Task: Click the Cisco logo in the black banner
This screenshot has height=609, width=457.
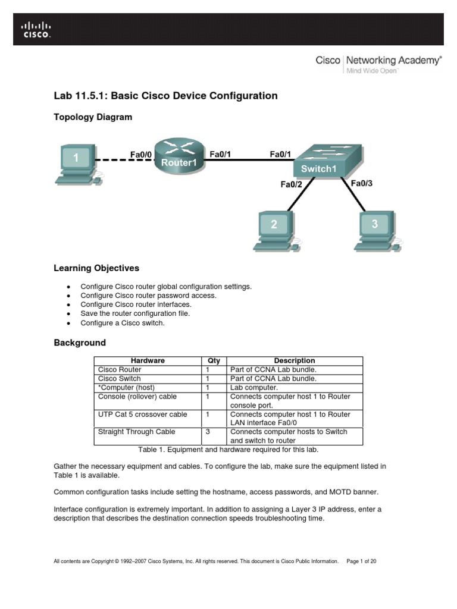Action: pos(36,29)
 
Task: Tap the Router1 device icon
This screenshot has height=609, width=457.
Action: pos(179,156)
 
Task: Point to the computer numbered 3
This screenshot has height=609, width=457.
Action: pos(374,229)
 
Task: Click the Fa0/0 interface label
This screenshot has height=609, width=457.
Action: pos(141,155)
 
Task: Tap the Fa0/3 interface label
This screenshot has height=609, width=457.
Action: pos(361,183)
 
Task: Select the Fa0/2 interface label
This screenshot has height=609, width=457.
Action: pos(292,184)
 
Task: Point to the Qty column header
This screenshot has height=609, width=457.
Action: pos(214,360)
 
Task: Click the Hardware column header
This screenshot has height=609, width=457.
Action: pos(148,360)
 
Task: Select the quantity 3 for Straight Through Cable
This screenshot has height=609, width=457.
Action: pos(208,432)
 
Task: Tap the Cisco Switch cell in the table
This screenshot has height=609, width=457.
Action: pos(120,378)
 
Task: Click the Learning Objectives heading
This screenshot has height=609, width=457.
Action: pos(96,268)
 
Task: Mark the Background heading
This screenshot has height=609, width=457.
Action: pos(80,343)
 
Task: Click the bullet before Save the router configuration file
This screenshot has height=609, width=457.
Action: pos(69,313)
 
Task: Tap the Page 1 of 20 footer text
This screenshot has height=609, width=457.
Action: pos(361,561)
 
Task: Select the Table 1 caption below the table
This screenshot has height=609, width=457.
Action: pos(228,450)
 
